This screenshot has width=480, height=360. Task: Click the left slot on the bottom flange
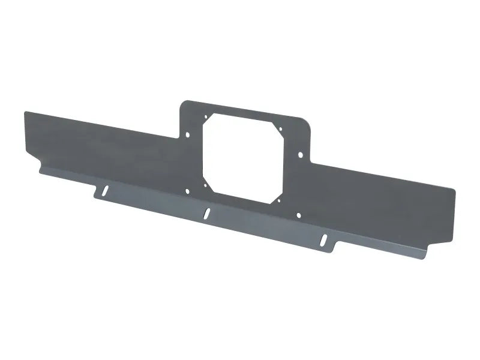(105, 191)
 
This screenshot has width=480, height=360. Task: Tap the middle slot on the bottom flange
(207, 212)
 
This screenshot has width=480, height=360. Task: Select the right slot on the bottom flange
(325, 239)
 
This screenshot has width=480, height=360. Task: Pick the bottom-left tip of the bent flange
(40, 169)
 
